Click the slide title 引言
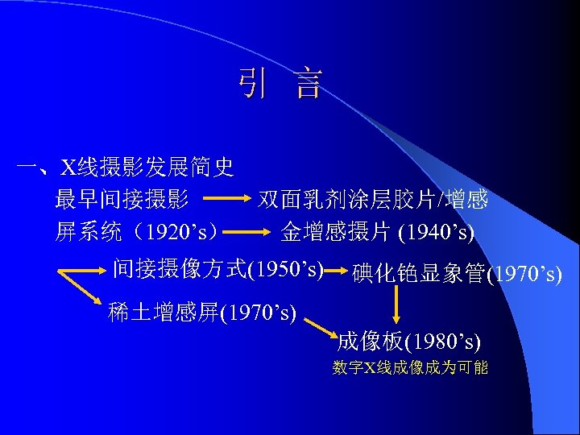(x=280, y=83)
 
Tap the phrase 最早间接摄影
(x=122, y=199)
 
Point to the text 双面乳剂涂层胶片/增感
(x=373, y=199)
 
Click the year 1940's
(x=437, y=233)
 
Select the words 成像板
(x=370, y=342)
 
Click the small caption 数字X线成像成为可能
(x=410, y=368)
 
